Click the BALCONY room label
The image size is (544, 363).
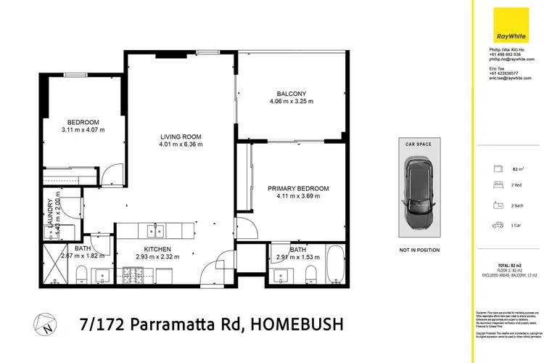(x=291, y=94)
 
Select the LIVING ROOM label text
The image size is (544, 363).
(x=181, y=136)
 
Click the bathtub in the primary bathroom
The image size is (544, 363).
(x=335, y=266)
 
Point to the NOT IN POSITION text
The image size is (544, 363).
(x=419, y=250)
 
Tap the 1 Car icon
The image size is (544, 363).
(x=498, y=225)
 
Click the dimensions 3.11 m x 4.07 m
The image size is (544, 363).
(x=83, y=130)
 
